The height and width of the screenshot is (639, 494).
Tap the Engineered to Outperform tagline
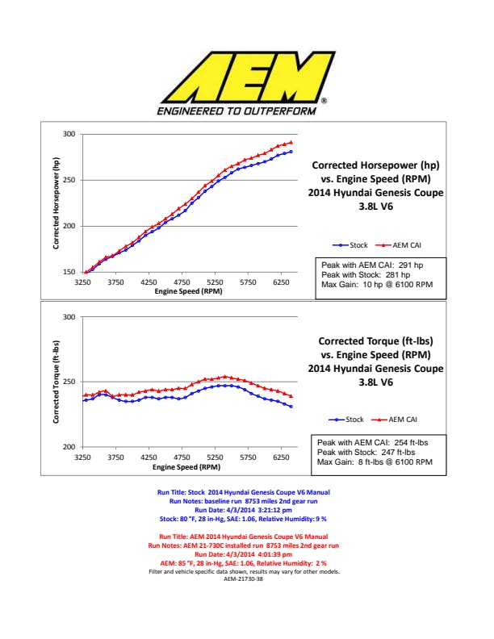coord(237,111)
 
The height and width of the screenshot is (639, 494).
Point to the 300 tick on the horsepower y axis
coord(69,134)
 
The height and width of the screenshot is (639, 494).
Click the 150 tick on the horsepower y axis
coord(69,273)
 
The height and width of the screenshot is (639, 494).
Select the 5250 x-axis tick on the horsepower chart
coord(214,282)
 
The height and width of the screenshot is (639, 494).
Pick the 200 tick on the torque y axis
coord(69,447)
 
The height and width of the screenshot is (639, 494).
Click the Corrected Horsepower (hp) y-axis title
coord(58,203)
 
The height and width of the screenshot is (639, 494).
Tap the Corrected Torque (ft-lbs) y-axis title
coord(58,382)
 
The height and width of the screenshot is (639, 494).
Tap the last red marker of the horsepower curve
coord(291,143)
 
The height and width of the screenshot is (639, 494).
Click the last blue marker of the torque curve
coord(291,406)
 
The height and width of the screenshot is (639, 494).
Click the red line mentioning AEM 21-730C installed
coord(243,546)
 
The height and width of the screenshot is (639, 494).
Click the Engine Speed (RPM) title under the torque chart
coord(187,466)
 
